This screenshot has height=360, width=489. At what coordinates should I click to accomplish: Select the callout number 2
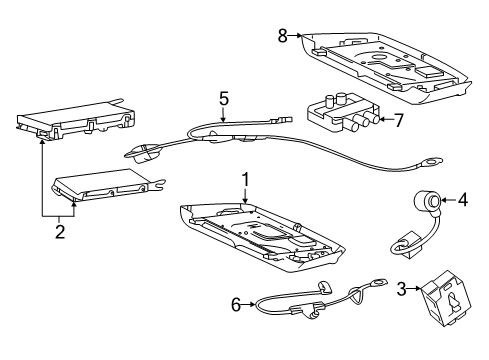click(59, 232)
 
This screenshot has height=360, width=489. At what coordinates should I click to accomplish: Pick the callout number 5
click(225, 99)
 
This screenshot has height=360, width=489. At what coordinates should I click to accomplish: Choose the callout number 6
click(237, 304)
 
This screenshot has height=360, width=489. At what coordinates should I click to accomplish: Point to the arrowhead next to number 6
click(252, 304)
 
